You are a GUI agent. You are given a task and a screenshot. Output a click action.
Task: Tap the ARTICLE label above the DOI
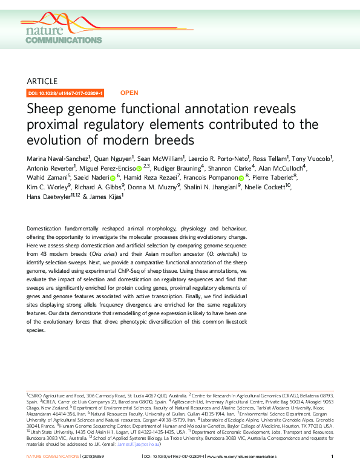43,81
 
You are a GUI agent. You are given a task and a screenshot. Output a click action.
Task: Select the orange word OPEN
129,93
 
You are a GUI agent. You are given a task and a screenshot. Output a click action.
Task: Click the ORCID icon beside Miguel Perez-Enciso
139,168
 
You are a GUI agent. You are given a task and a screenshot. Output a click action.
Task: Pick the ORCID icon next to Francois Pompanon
241,178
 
